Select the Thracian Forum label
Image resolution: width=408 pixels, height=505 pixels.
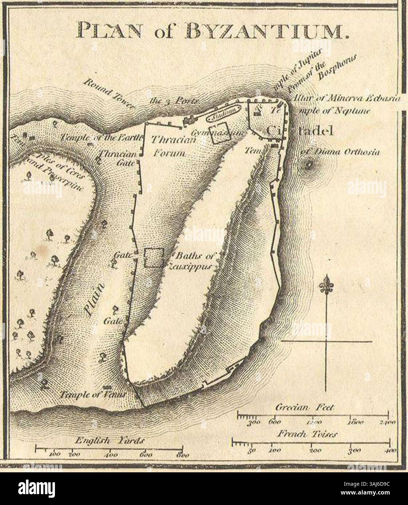168,146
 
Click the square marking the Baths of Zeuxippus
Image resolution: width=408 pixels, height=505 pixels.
153,258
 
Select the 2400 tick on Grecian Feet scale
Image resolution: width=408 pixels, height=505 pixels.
388,414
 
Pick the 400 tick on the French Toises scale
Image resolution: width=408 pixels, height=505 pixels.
389,442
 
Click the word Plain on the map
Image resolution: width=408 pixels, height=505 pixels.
95,299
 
